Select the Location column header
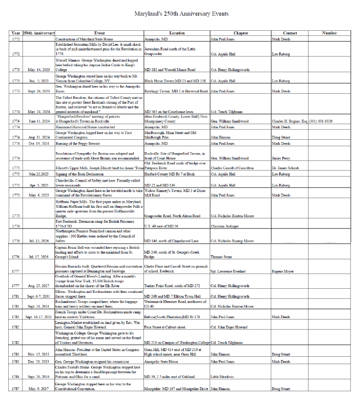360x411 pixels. [x=177, y=34]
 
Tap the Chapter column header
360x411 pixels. [x=240, y=34]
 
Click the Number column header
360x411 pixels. [x=329, y=34]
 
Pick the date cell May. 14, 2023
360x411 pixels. [x=38, y=70]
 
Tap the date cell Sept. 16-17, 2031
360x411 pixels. [x=38, y=317]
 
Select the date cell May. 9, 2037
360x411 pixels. [x=38, y=389]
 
